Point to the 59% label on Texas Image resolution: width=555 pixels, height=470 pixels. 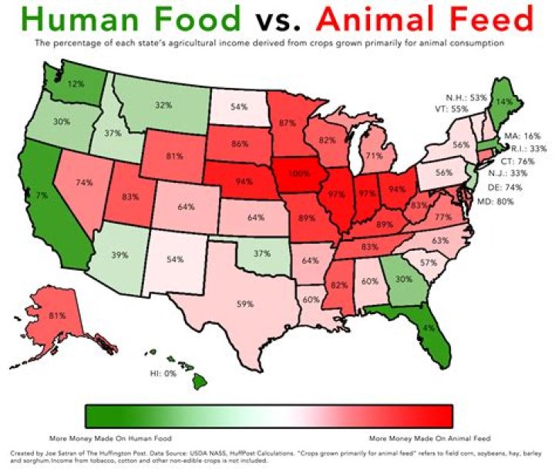(x=245, y=304)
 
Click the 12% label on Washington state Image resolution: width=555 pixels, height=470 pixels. (x=76, y=83)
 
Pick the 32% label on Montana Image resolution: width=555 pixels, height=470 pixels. (x=163, y=106)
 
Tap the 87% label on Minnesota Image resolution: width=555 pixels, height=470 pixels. (x=289, y=122)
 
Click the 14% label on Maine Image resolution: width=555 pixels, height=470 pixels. (x=505, y=100)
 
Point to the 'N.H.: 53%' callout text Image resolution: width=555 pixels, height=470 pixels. (x=466, y=98)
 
